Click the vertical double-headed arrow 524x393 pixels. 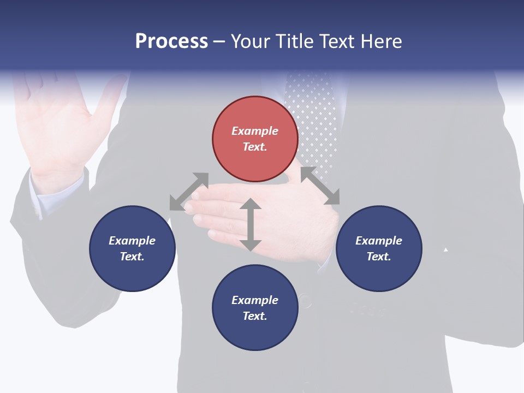[x=251, y=224]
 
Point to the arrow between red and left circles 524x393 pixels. [x=189, y=192]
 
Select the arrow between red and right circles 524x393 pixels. [x=320, y=186]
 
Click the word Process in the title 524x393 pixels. [x=171, y=41]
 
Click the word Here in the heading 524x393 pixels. [x=382, y=41]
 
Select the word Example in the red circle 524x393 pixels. [x=255, y=131]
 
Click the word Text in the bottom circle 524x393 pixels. [x=255, y=316]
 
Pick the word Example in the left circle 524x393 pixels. [x=132, y=241]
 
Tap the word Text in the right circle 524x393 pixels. [x=379, y=257]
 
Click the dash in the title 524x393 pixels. [x=219, y=41]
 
